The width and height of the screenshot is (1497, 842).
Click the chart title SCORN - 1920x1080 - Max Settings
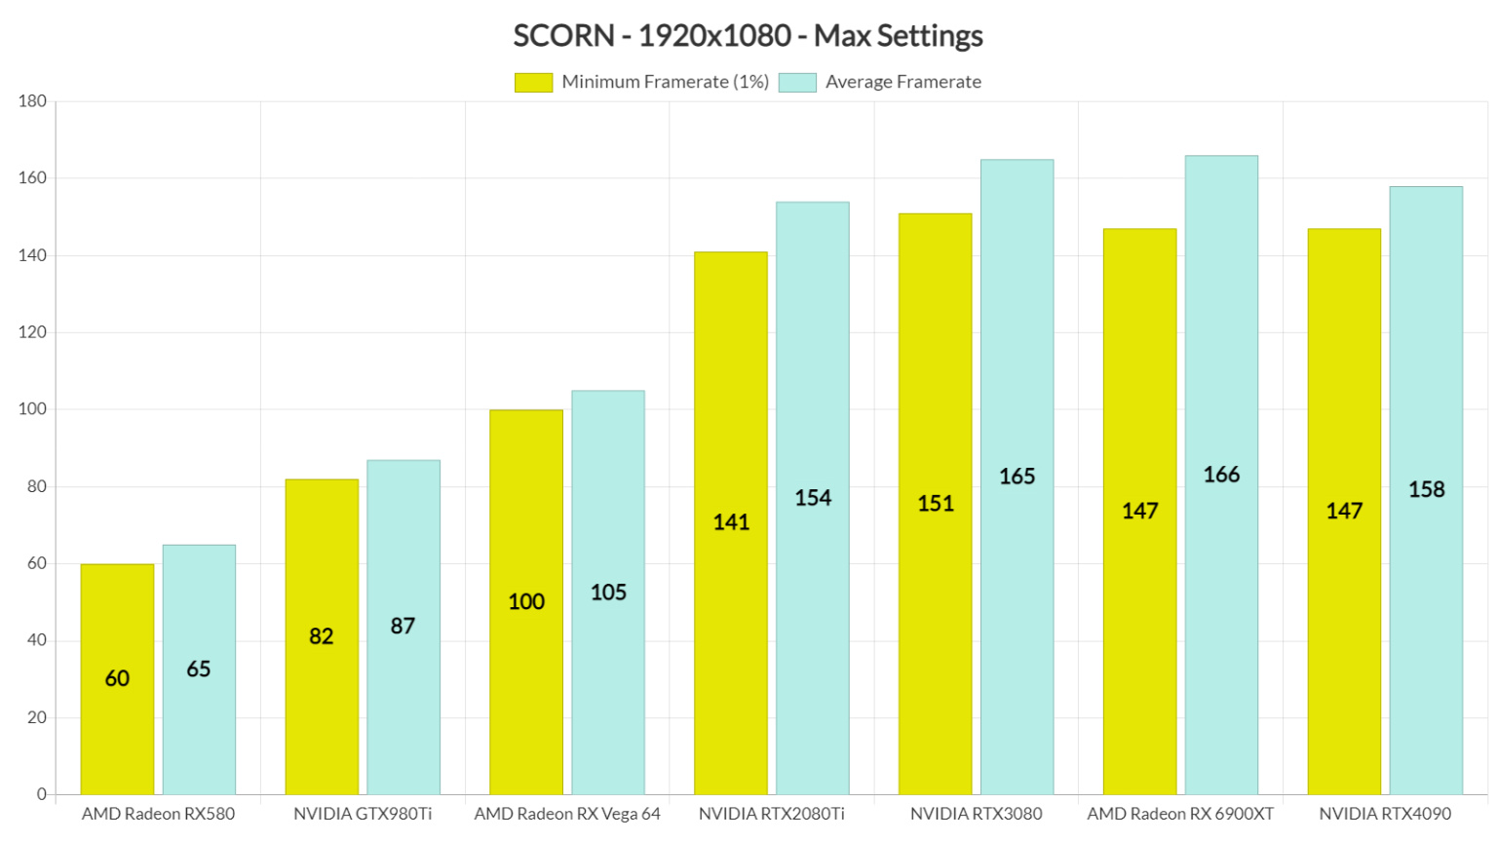(x=748, y=36)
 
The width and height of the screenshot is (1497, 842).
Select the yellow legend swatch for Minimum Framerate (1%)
(x=533, y=83)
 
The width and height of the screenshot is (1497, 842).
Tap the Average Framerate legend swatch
(x=797, y=83)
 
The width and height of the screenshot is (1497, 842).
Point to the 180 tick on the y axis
(x=32, y=101)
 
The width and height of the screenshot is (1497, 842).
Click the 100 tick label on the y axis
(x=32, y=409)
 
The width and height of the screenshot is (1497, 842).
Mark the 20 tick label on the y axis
(x=36, y=717)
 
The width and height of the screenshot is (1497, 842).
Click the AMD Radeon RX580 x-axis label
(x=158, y=814)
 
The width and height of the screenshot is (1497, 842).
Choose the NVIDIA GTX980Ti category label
(x=363, y=814)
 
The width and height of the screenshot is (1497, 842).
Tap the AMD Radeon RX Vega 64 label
(x=567, y=814)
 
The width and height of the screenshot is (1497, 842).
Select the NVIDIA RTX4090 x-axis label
(x=1385, y=814)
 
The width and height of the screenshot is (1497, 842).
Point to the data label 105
(x=608, y=593)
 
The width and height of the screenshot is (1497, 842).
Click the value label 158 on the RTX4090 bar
(x=1427, y=489)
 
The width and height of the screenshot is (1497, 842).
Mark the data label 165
(x=1017, y=477)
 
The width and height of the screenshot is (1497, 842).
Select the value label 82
(x=322, y=636)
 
